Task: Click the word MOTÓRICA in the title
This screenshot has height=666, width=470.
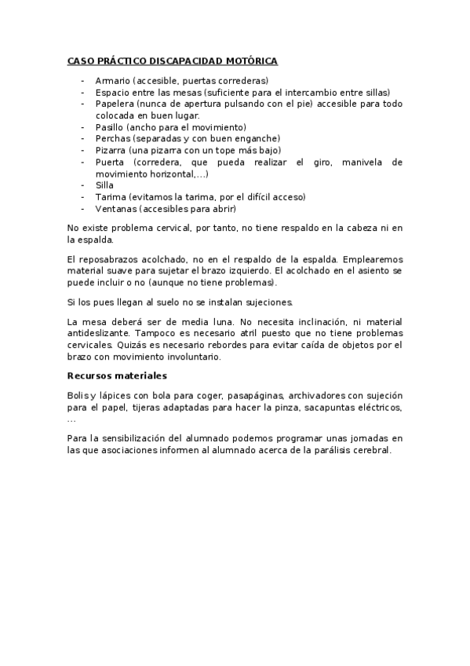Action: click(x=250, y=60)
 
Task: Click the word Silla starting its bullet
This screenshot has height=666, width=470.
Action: click(x=104, y=185)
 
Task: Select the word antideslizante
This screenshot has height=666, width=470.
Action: click(x=99, y=334)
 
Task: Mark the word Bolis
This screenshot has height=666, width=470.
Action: click(x=78, y=396)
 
